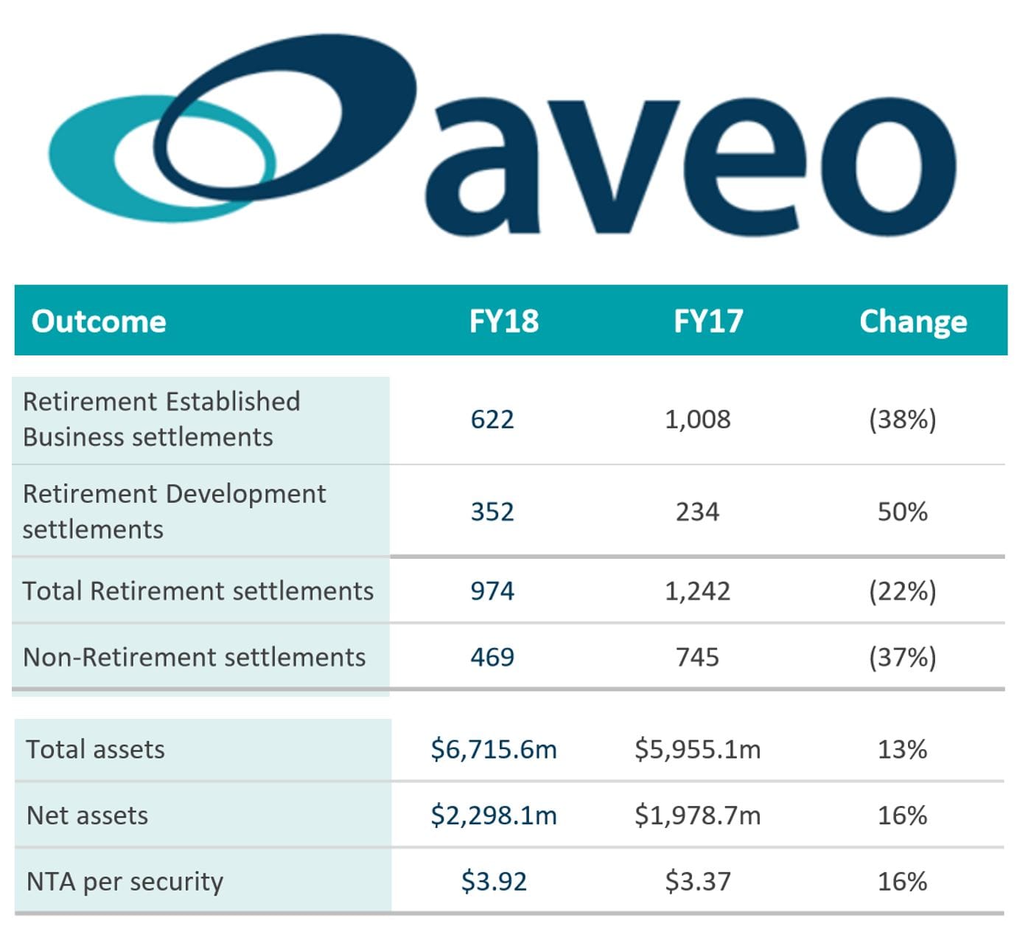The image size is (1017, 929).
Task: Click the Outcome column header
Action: coord(99,321)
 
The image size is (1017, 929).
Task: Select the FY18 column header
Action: coord(504,321)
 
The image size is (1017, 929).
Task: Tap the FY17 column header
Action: coord(708,321)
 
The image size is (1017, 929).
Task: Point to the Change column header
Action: coord(913,321)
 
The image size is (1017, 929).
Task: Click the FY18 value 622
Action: coord(492,420)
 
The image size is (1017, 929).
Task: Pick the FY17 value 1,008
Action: coord(697,420)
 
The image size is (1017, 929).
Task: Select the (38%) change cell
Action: coord(902,420)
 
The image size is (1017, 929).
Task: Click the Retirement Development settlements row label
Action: coord(174,511)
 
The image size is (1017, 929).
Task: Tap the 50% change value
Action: coord(902,512)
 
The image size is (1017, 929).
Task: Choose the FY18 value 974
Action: coord(492,591)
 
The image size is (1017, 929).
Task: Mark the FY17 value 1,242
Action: coord(697,591)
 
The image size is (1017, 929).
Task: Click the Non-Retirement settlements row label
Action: coord(195,657)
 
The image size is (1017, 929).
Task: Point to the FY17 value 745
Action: coord(697,657)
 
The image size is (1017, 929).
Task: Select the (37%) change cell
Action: coord(902,657)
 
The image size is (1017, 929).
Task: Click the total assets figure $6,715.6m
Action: coord(494,750)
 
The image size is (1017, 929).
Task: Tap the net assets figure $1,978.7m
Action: coord(697,815)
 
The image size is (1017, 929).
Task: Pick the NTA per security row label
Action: coord(125,882)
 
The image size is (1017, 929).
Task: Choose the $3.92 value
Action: coord(494,882)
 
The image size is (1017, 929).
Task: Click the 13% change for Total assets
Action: coord(902,750)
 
